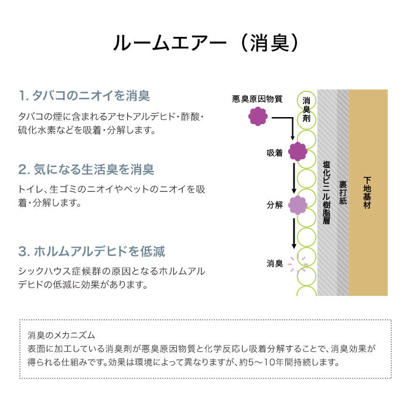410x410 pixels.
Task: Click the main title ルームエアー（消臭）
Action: coord(205,43)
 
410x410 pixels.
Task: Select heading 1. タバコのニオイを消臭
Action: coord(84,95)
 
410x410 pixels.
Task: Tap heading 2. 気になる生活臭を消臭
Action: coord(86,169)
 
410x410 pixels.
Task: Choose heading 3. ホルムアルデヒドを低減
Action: coord(91,251)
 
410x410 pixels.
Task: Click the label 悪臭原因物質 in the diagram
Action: coord(257,99)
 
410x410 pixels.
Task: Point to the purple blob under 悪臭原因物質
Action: coord(258,117)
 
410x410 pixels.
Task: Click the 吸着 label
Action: coord(275,153)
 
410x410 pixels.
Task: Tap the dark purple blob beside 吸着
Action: coord(298,152)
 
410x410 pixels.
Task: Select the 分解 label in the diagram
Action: coord(275,205)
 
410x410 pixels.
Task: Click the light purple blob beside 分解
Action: coord(298,205)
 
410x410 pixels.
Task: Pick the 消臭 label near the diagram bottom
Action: coord(275,264)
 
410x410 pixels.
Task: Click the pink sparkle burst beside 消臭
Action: coord(298,264)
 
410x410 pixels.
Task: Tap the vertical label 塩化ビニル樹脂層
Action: coord(326,193)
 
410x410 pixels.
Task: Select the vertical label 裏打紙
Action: coord(343,193)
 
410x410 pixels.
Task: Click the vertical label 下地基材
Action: coord(367,193)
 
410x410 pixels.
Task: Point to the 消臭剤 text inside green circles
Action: coord(306,110)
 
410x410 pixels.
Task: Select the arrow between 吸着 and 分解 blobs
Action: coord(294,178)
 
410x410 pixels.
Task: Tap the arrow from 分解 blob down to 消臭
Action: coord(294,234)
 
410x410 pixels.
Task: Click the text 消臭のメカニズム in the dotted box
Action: coord(61,335)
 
